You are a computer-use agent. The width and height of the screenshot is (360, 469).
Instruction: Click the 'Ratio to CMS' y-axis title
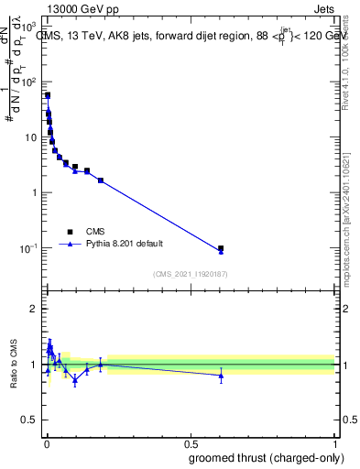coord(15,365)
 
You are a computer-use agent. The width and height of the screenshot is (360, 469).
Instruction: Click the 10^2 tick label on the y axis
coord(29,82)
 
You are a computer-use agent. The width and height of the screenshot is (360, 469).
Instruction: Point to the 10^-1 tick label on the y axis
coord(28,248)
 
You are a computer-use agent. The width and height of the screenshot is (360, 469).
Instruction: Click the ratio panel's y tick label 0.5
coord(29,420)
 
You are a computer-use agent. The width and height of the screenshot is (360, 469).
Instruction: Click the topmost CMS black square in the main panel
coord(48,95)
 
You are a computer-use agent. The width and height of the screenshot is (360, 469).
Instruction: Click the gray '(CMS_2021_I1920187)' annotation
coord(191,274)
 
